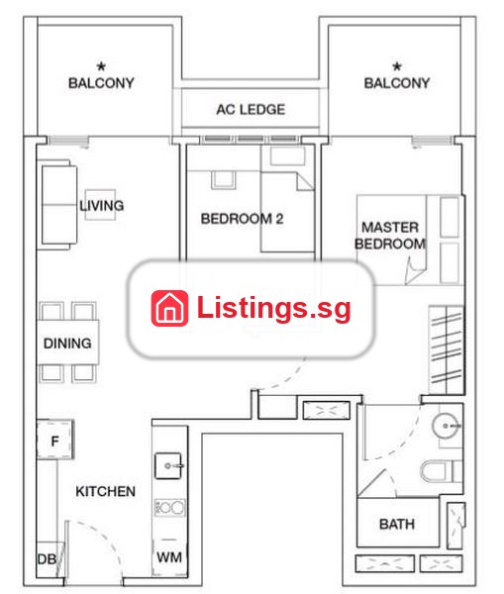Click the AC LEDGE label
click(x=251, y=110)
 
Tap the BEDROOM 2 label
click(x=242, y=219)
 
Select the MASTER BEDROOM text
click(x=390, y=236)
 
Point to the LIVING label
click(x=102, y=205)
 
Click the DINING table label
click(x=67, y=344)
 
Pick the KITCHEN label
click(x=105, y=491)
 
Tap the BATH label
click(x=397, y=524)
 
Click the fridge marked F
click(x=54, y=440)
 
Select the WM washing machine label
click(x=169, y=557)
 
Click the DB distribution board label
click(x=47, y=559)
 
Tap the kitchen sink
click(x=168, y=465)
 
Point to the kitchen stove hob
click(x=169, y=508)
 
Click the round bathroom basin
click(x=446, y=426)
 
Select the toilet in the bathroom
click(x=441, y=471)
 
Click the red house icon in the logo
click(x=169, y=308)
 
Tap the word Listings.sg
click(x=273, y=309)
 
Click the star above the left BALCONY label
click(x=101, y=66)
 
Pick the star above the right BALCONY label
click(x=397, y=66)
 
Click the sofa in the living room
click(x=57, y=205)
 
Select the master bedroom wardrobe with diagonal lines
click(x=447, y=349)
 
